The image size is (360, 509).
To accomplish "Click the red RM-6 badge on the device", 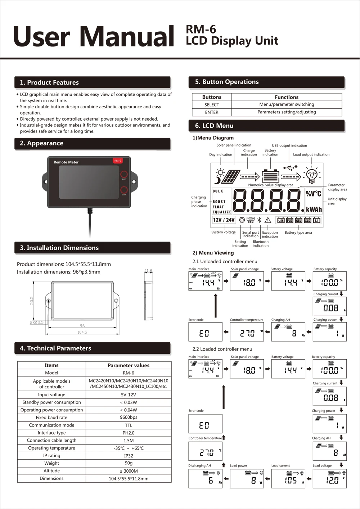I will (x=118, y=161).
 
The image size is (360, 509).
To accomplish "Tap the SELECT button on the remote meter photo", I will (x=124, y=174).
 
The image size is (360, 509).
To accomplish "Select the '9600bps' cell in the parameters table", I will (x=129, y=418).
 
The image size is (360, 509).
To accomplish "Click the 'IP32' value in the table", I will (x=129, y=456).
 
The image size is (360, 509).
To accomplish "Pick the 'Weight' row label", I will (x=51, y=463).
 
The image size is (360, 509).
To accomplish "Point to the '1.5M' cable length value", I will (x=129, y=441).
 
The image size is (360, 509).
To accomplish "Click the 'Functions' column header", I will (x=287, y=97).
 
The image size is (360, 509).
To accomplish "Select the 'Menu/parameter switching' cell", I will (x=287, y=104).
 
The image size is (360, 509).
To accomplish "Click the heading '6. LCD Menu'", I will (x=214, y=126).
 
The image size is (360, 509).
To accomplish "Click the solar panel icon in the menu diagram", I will (x=231, y=176).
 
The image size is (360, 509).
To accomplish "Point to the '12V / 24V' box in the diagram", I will (x=224, y=220).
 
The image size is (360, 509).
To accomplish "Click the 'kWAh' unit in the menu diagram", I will (x=314, y=210).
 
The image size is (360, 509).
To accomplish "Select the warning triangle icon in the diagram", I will (x=268, y=220).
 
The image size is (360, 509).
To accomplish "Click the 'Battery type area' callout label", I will (x=298, y=233).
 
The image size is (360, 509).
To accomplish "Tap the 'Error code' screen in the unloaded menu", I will (x=205, y=332).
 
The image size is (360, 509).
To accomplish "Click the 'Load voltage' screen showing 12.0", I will (x=329, y=479).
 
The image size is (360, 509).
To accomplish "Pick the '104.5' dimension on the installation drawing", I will (x=82, y=332).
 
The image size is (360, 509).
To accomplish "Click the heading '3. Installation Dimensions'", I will (x=59, y=248).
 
